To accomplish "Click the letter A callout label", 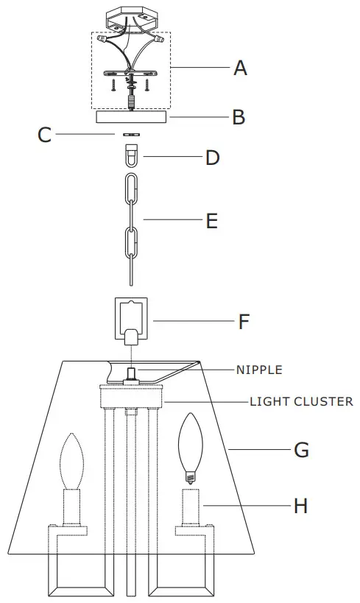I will point(240,68).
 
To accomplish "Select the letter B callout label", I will point(239,117).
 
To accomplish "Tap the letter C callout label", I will point(45,135).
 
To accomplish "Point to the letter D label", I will point(213,158).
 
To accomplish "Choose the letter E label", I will point(212,221).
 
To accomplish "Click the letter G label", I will point(301,450).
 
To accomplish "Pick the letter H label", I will point(300,506).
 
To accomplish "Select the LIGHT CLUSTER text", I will point(301,402).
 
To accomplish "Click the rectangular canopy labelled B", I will point(132,117).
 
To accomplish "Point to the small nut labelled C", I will point(133,135).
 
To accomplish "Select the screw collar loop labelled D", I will point(133,157).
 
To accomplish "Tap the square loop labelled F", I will point(132,317).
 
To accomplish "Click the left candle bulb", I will point(73,461).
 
